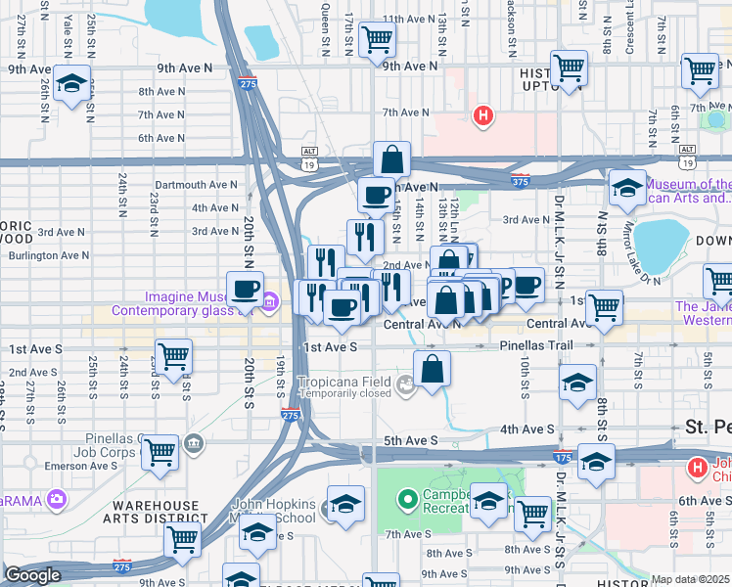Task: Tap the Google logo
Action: click(32, 575)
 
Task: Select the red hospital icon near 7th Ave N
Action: click(481, 116)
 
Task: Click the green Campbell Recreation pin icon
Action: click(408, 499)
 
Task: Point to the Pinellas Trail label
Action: click(535, 346)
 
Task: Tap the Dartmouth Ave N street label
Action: click(196, 184)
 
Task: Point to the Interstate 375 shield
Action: click(521, 180)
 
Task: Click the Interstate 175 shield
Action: click(563, 458)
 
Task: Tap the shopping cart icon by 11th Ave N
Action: click(377, 41)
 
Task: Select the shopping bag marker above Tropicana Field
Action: click(432, 370)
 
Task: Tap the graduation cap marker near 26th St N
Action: click(72, 85)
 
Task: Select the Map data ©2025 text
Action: click(690, 579)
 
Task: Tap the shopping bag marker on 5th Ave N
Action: click(391, 159)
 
